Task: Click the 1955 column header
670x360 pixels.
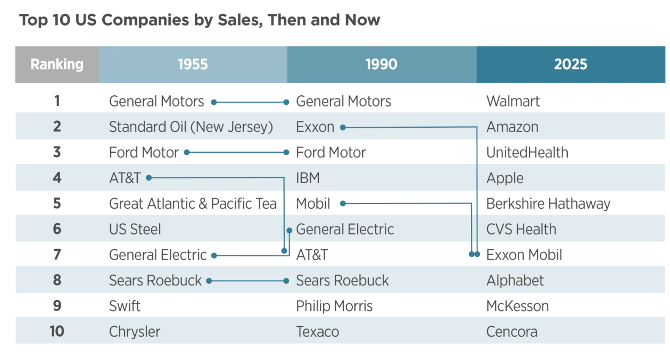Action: click(x=193, y=64)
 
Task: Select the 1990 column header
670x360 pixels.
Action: click(x=382, y=64)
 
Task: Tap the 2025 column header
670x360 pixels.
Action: click(x=570, y=64)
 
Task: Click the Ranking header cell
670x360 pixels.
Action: click(x=57, y=64)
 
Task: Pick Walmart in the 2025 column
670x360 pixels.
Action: click(x=513, y=101)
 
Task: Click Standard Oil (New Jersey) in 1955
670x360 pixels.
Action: click(x=191, y=127)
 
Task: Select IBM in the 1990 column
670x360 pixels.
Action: click(x=308, y=178)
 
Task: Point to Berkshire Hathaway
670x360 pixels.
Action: click(x=548, y=204)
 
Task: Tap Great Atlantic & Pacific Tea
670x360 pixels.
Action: click(x=193, y=204)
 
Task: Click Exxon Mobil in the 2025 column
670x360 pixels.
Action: click(x=524, y=255)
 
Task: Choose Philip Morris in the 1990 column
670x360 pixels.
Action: click(x=334, y=306)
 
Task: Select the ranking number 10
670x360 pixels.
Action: click(x=57, y=332)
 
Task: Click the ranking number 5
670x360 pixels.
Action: click(x=57, y=203)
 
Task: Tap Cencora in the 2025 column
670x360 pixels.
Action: click(x=512, y=332)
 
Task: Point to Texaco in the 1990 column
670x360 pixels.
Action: click(x=317, y=332)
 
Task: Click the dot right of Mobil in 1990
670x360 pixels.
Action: click(x=343, y=204)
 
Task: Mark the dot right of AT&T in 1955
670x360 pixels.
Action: click(x=148, y=178)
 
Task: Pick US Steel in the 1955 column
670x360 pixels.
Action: click(x=135, y=230)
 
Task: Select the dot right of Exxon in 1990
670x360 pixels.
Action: click(x=343, y=128)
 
